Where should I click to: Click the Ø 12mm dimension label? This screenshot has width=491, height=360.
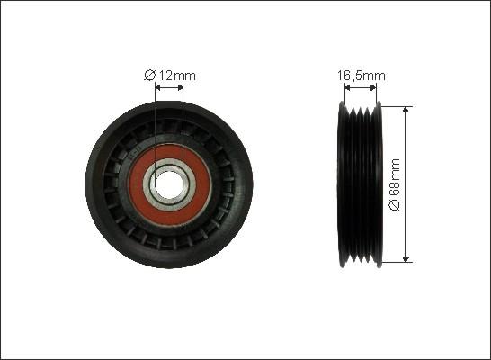coord(170,76)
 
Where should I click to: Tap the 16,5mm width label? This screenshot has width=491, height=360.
coord(361,76)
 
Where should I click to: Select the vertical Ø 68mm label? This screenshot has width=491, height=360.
coord(395,184)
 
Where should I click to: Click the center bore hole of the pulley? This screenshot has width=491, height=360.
coord(169,184)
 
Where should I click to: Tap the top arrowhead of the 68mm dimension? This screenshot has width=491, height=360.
coord(406,109)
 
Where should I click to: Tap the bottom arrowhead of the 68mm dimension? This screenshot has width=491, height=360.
coord(406,259)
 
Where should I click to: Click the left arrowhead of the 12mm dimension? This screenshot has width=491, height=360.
coord(158,87)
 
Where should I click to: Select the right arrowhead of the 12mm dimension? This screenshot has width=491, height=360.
coord(180,87)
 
